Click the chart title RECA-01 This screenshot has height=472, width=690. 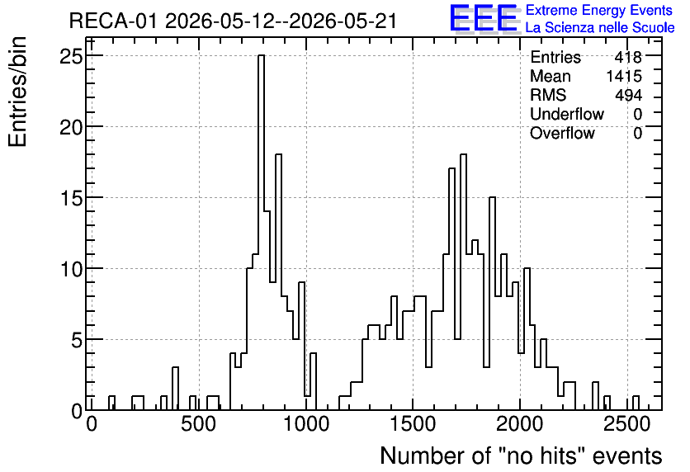(x=112, y=21)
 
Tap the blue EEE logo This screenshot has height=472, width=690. (x=484, y=18)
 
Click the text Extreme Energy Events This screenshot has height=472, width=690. (x=599, y=10)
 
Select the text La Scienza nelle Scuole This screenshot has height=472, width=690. (x=600, y=27)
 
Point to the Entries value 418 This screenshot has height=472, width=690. (x=628, y=57)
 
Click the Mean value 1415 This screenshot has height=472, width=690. (x=624, y=76)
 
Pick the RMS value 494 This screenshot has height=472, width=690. (x=628, y=95)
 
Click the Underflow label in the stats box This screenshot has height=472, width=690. (x=567, y=114)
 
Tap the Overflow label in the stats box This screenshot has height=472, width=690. (x=562, y=133)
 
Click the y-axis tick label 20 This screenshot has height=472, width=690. (x=71, y=127)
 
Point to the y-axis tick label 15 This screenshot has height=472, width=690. (x=71, y=198)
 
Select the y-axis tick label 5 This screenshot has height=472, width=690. (x=77, y=340)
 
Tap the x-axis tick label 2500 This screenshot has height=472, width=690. (x=627, y=424)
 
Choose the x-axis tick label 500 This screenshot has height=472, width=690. (x=199, y=424)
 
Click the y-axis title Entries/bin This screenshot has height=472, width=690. (x=18, y=92)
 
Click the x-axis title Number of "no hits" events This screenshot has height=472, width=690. (x=521, y=455)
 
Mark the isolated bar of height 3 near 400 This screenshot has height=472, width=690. (x=175, y=389)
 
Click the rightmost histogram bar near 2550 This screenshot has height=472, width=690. (x=636, y=403)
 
